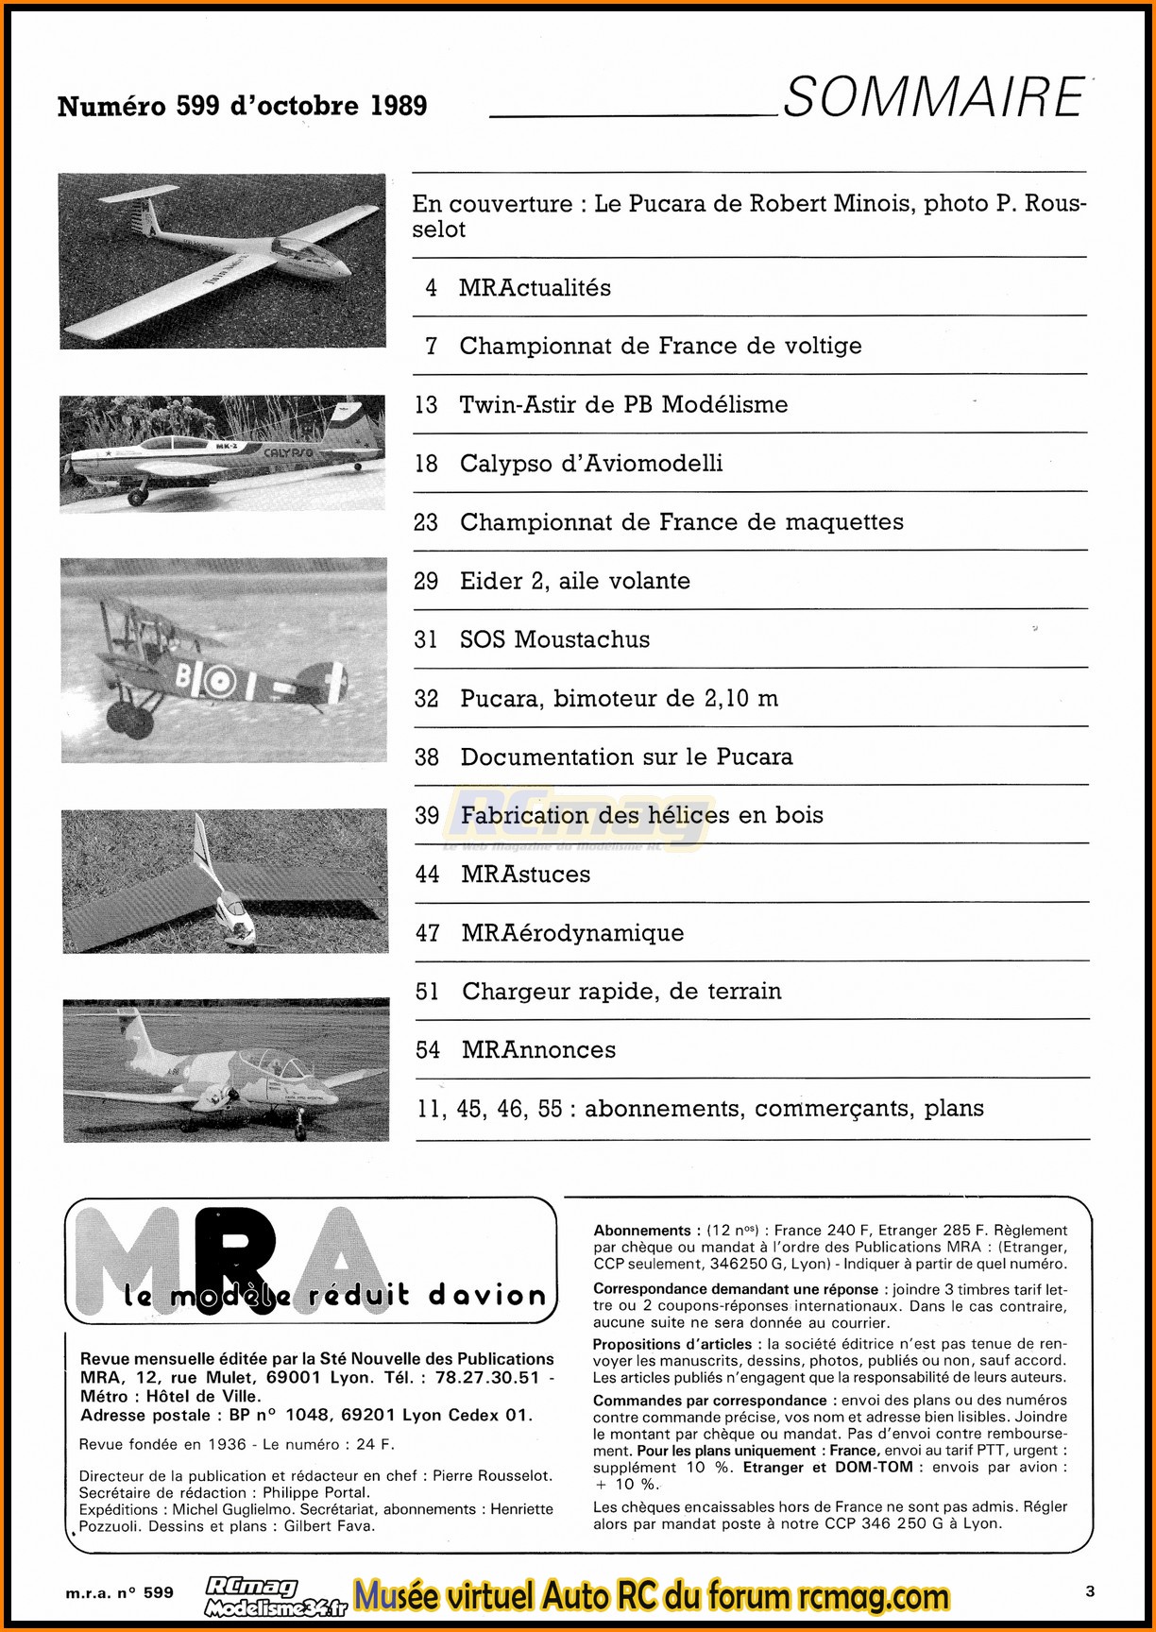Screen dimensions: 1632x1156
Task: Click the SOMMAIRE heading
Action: click(933, 98)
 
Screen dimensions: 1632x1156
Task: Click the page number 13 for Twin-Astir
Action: click(426, 405)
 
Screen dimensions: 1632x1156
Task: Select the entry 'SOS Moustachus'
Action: click(554, 639)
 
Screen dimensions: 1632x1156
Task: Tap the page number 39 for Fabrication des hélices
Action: click(427, 815)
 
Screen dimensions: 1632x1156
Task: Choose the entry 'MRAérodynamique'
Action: click(572, 933)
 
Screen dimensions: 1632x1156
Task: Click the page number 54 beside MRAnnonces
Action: click(428, 1050)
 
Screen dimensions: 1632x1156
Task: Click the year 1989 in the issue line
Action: click(399, 106)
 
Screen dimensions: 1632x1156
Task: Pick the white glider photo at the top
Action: click(222, 261)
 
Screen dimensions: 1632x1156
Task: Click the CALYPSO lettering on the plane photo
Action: click(288, 453)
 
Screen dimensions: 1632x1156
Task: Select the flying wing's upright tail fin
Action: click(201, 844)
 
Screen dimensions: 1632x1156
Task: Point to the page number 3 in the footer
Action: click(1090, 1591)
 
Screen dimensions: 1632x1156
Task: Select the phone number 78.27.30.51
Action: click(486, 1377)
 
